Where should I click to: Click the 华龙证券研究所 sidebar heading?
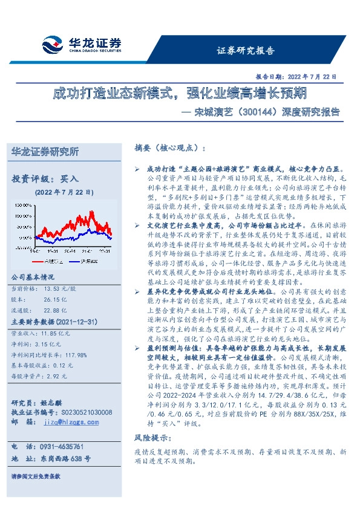click(x=45, y=152)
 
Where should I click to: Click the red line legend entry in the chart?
click(x=53, y=261)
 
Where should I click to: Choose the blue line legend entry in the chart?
click(x=90, y=261)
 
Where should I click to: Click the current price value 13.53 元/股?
click(x=56, y=289)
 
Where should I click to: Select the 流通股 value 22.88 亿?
click(x=54, y=308)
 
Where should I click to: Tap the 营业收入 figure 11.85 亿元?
click(x=55, y=332)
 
